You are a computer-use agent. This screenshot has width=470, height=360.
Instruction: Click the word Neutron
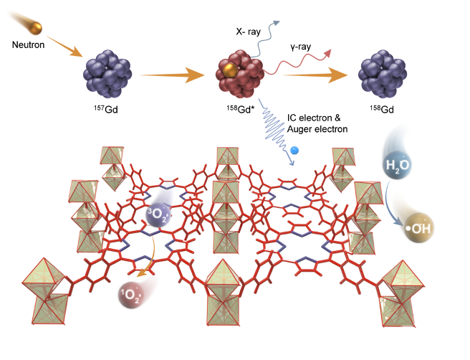[29, 44]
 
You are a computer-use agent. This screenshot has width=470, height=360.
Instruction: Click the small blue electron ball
[294, 150]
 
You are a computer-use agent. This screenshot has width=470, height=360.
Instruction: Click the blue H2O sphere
[393, 164]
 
